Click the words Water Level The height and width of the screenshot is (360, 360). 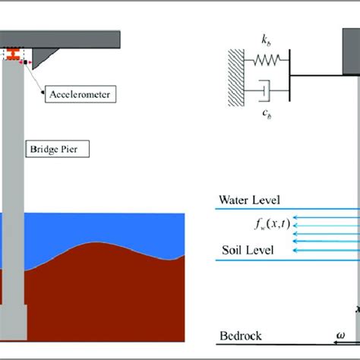[x=249, y=201]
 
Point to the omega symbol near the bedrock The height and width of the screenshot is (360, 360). [x=341, y=334]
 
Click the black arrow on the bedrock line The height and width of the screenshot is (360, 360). [x=352, y=343]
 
